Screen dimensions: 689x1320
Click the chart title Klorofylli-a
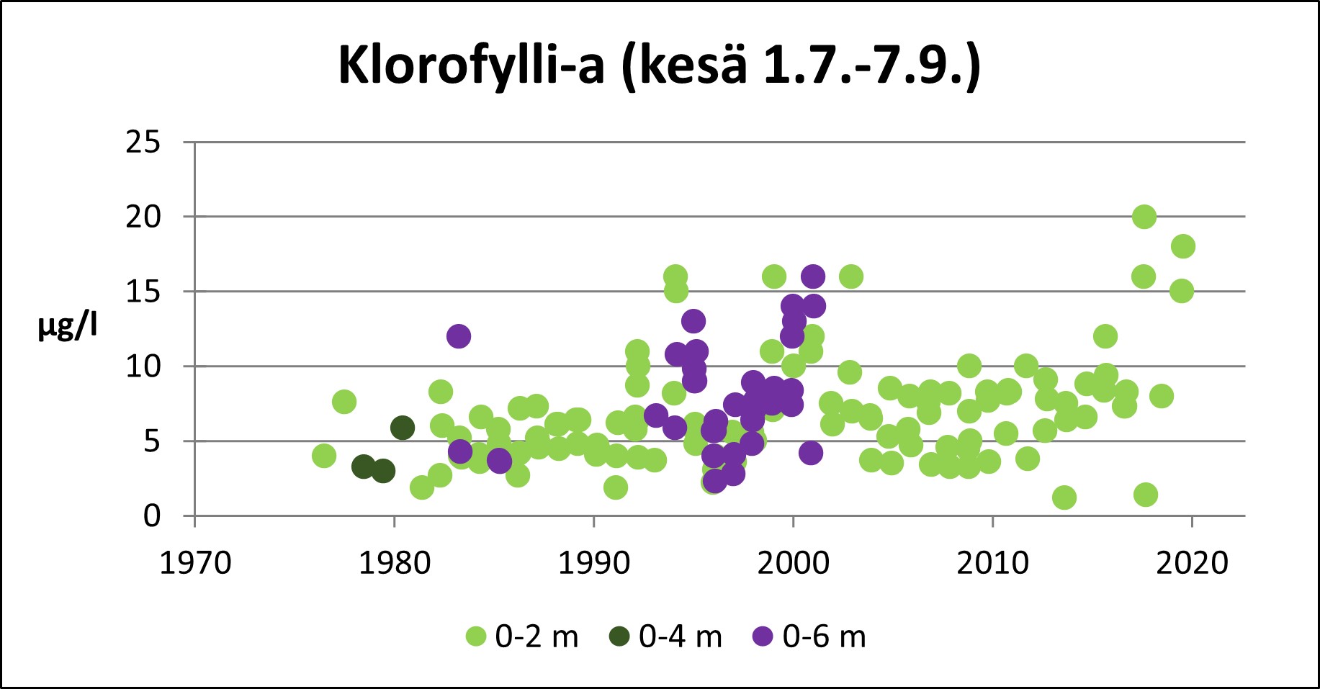(x=659, y=66)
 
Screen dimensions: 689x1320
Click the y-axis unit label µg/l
(x=68, y=326)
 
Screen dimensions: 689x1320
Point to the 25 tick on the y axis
(x=143, y=143)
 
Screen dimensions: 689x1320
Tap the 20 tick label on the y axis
(x=143, y=217)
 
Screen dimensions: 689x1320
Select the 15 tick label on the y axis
(x=143, y=292)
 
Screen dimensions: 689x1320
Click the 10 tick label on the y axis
(x=143, y=366)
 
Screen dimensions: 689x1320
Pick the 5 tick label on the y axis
(x=151, y=441)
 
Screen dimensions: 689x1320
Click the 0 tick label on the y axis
(x=151, y=515)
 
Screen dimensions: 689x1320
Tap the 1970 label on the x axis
(x=195, y=563)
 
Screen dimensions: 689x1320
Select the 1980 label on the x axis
(x=395, y=563)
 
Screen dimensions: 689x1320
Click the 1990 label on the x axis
(x=594, y=563)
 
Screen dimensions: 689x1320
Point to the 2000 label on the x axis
(x=793, y=563)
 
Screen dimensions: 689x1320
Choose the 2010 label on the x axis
(x=992, y=563)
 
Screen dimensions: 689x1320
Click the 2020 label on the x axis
(x=1192, y=563)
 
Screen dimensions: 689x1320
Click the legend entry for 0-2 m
(x=523, y=636)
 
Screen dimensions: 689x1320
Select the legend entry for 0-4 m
(x=666, y=636)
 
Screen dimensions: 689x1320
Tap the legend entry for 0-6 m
(x=809, y=636)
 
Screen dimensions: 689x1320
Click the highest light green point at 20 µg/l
(x=1144, y=217)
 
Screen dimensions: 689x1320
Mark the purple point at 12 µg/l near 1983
(x=459, y=336)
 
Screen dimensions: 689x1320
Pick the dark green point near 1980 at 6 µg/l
(x=403, y=428)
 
